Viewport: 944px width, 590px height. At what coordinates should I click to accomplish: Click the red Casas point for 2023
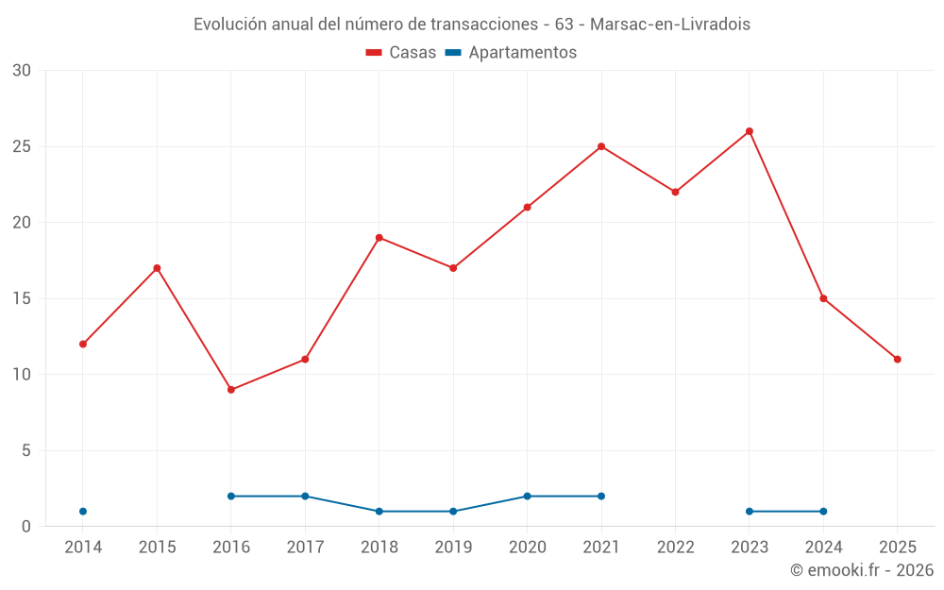point(750,131)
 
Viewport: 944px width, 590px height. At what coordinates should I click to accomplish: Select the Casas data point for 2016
point(231,390)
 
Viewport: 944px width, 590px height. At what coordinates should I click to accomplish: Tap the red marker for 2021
point(601,146)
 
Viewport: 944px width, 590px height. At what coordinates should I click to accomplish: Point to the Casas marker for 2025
point(897,360)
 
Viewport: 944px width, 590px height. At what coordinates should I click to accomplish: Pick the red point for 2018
point(379,238)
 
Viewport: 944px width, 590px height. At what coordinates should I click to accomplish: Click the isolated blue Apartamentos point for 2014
point(83,512)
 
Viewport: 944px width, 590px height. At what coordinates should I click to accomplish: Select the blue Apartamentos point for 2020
point(528,497)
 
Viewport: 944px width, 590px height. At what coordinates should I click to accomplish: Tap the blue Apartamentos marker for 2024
point(823,512)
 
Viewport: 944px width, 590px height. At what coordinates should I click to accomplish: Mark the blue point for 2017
point(305,497)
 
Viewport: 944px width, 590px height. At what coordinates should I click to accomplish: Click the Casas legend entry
point(401,53)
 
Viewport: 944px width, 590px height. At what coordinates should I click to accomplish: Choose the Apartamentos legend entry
point(511,53)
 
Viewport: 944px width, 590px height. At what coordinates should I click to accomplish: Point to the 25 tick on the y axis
point(22,146)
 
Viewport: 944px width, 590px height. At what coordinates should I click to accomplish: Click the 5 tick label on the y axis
point(26,451)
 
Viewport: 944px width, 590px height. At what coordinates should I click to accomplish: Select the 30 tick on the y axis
point(22,71)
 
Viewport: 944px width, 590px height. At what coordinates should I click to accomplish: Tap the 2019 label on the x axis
point(453,548)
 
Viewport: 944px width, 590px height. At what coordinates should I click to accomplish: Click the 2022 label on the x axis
point(675,548)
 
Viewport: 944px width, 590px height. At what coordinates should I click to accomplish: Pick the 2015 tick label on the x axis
point(157,548)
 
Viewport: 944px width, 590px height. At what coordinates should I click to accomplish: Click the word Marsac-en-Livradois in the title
point(670,25)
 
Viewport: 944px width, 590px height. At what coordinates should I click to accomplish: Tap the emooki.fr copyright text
point(861,570)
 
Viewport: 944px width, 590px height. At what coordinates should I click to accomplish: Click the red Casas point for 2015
point(157,268)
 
